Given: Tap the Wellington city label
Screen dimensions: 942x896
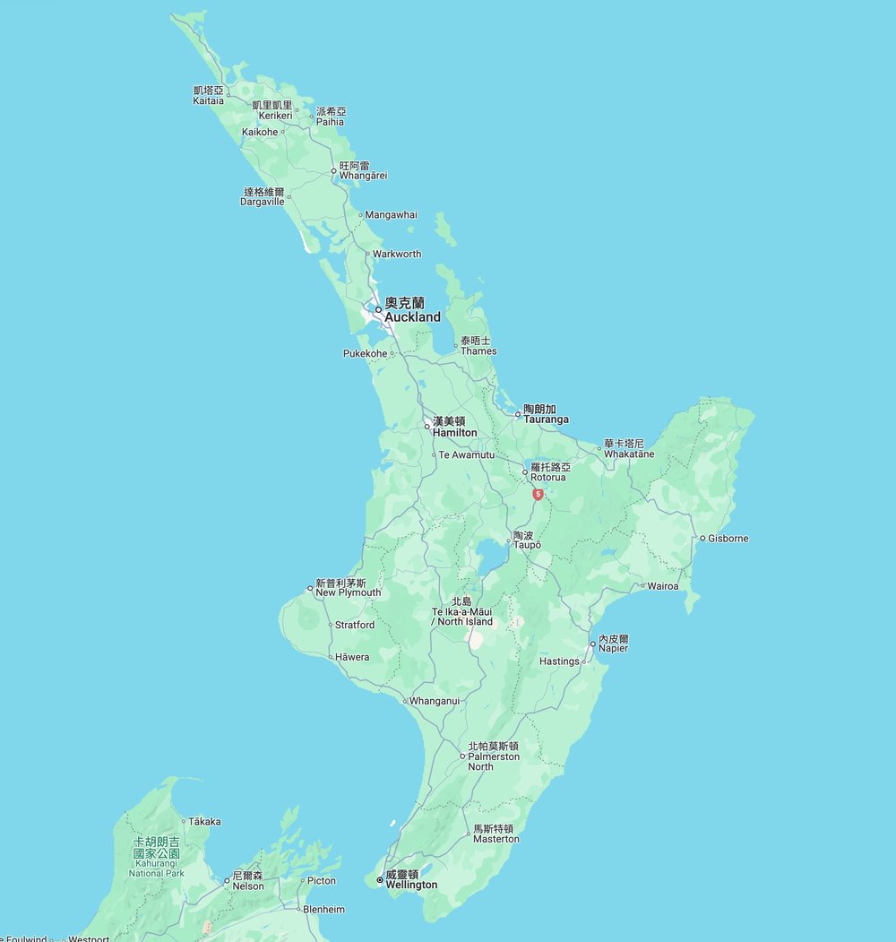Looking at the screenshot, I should [x=411, y=880].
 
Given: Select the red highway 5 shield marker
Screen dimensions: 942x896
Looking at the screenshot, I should [x=537, y=494].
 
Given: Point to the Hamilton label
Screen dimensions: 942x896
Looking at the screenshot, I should [x=454, y=427].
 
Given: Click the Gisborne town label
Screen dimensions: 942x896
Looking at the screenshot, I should [x=728, y=539].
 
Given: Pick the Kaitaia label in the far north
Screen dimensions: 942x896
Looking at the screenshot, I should [x=208, y=95].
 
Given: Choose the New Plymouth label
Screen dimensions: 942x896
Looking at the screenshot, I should [x=348, y=588].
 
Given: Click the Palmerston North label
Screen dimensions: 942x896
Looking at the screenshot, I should [x=493, y=756].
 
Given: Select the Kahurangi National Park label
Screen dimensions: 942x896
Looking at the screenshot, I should [x=156, y=857].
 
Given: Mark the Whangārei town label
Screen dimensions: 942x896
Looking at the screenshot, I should [x=362, y=170].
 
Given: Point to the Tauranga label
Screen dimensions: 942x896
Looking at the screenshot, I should [x=546, y=414].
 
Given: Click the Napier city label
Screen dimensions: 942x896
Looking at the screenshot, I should [x=614, y=644].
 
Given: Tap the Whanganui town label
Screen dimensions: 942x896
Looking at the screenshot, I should [x=434, y=701].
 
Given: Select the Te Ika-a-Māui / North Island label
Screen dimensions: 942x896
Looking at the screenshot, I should [x=461, y=611].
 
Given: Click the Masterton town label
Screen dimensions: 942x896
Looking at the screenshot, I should [x=495, y=834].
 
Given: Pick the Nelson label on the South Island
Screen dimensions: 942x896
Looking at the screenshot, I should [x=248, y=880].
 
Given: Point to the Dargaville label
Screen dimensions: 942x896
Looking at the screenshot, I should [x=263, y=196].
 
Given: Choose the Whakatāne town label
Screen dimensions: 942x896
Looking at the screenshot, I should [x=628, y=449].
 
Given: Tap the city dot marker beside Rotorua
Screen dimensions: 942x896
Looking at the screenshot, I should [x=526, y=471].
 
